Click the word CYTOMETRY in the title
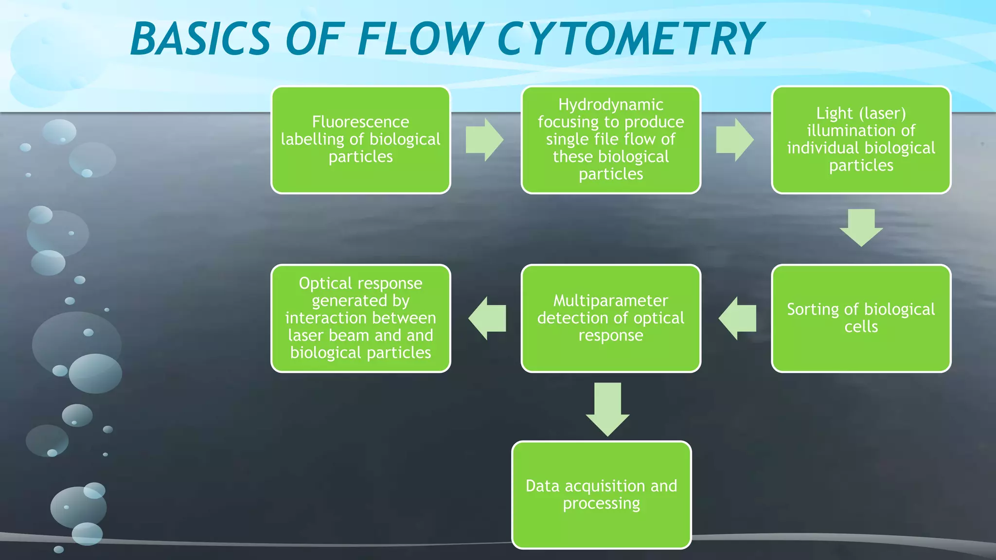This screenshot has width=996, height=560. [x=630, y=39]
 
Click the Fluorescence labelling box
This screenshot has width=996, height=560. [x=360, y=140]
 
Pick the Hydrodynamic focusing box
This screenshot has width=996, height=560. [x=611, y=140]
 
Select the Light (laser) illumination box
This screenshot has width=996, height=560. [x=861, y=140]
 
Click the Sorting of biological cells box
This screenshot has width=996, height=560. [x=861, y=318]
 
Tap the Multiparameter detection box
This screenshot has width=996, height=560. [x=611, y=318]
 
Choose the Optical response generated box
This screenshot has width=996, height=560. [x=360, y=318]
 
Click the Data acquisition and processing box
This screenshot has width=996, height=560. [x=602, y=495]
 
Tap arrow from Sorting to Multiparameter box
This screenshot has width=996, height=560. [x=738, y=318]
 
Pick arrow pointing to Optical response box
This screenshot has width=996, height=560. [x=487, y=318]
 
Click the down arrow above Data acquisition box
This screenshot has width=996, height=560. [x=607, y=408]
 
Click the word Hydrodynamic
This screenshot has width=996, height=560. [x=611, y=105]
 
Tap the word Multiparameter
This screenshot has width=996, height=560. [x=611, y=301]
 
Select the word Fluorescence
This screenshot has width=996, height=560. [x=360, y=122]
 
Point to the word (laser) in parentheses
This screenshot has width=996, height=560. [x=882, y=113]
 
